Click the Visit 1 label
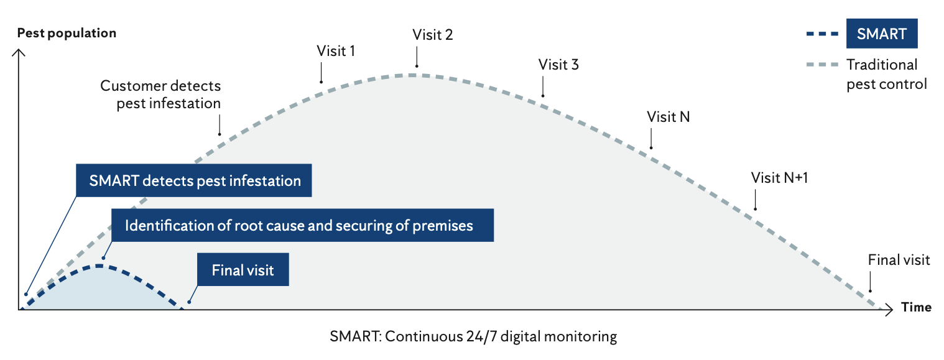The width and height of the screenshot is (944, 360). (336, 51)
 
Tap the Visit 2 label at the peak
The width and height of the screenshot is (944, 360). (433, 35)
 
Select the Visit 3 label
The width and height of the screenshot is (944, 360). (558, 65)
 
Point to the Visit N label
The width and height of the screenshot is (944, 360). (669, 117)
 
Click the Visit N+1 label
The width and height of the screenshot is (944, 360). (779, 178)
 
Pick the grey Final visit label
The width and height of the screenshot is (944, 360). (899, 260)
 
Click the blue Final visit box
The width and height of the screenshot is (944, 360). (243, 270)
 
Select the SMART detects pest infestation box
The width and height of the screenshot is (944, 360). (195, 181)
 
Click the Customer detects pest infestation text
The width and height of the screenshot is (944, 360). (160, 94)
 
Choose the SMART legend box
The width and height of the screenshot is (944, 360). (881, 34)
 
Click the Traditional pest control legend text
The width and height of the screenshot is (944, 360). (886, 74)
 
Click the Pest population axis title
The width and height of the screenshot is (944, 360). (67, 33)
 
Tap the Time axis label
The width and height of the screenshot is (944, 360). (916, 307)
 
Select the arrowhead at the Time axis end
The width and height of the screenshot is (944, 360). (891, 308)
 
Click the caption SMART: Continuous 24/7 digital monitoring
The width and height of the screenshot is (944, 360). (473, 337)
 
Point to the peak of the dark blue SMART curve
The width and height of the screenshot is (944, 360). (98, 265)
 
